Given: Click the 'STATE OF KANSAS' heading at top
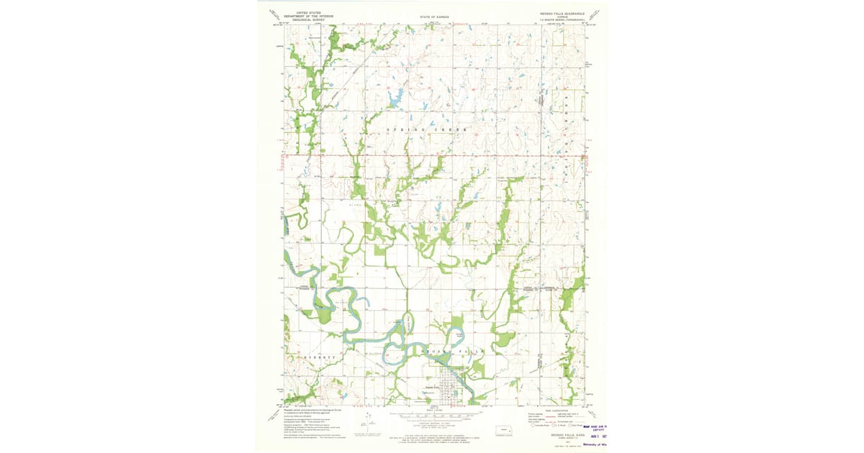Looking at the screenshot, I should (x=434, y=16).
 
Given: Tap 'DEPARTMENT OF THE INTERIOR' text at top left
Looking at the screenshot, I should (x=308, y=16).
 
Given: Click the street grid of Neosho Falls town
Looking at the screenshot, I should (x=450, y=388).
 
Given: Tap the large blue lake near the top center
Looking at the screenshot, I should (x=395, y=97).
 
